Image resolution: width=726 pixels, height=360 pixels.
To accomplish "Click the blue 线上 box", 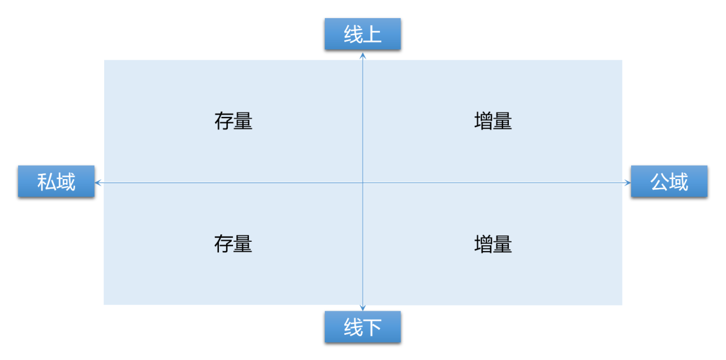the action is click(362, 34).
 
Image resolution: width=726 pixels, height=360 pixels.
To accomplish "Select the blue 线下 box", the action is click(362, 327).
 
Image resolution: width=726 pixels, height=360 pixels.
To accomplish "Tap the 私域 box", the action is click(56, 181).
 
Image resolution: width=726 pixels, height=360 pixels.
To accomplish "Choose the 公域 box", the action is click(669, 181).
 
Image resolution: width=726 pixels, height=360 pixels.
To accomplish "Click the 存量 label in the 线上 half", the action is click(233, 121).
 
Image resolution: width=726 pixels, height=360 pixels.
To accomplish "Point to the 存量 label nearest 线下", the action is click(233, 244).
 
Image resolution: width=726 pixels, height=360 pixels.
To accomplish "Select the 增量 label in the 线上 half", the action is click(493, 121).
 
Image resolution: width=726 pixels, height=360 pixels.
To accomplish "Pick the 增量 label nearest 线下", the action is click(493, 244).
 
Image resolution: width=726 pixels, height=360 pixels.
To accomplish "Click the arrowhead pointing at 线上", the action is click(362, 55).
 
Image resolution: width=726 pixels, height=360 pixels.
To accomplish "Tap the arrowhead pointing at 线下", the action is click(362, 308).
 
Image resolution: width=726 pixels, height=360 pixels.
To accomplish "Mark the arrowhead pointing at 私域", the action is click(98, 183).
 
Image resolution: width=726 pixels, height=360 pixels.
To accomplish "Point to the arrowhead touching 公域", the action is click(628, 183).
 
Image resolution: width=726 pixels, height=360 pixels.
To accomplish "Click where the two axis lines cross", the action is click(362, 183).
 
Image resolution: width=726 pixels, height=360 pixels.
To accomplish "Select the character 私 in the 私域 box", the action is click(47, 181).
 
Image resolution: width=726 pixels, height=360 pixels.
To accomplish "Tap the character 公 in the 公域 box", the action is click(659, 181).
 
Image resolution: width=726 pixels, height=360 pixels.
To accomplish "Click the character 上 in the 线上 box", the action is click(372, 35).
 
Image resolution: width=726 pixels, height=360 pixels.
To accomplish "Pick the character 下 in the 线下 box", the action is click(372, 327).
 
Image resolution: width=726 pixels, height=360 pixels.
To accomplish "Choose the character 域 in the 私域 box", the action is click(66, 181).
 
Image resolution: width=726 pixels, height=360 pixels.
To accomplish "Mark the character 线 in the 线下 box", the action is click(353, 327).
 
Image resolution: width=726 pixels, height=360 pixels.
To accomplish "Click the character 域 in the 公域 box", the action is click(679, 181).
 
